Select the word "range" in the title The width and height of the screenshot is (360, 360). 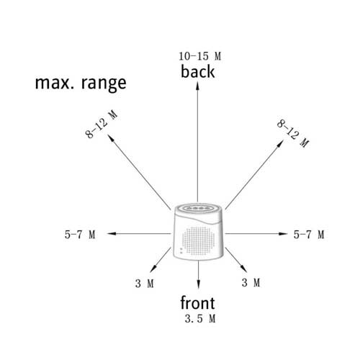tap(104, 84)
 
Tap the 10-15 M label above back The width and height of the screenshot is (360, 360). tap(200, 56)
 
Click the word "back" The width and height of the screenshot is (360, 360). tap(197, 71)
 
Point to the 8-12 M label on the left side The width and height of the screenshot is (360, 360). tap(102, 124)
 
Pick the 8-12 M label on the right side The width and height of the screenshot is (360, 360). tap(293, 133)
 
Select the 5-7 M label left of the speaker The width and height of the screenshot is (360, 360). tap(80, 235)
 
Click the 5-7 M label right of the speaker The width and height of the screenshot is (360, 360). tap(309, 235)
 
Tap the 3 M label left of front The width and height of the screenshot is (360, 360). tap(145, 284)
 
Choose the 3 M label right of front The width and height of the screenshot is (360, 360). tap(251, 282)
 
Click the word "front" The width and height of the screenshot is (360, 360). tap(197, 303)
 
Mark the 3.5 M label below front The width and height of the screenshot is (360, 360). tap(200, 319)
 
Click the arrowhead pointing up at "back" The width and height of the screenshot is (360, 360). tap(197, 86)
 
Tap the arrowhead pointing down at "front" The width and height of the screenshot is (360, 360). tap(198, 284)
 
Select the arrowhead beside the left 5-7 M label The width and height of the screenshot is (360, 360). tap(112, 233)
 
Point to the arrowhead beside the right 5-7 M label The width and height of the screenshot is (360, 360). tap(283, 233)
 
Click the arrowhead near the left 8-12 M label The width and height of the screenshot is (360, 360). tap(111, 138)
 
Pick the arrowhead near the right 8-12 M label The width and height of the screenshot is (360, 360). tap(280, 144)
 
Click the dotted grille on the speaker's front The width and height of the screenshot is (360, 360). tap(199, 240)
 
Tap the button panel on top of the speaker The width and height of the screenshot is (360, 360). tap(198, 208)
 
